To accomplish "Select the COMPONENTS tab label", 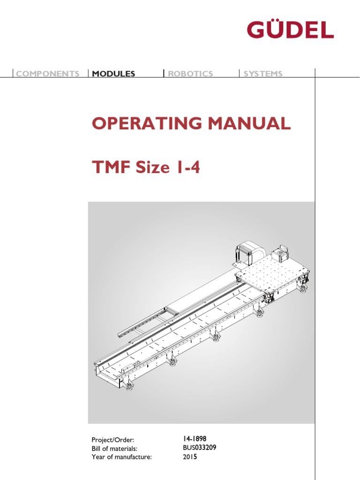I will point(48,74).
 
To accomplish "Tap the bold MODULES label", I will point(114,74).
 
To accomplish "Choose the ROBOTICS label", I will point(190,74).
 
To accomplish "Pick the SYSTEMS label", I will point(263,74).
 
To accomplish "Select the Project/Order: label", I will point(113,440).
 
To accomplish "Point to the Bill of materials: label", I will point(114,449).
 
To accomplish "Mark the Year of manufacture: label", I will point(122,457).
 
